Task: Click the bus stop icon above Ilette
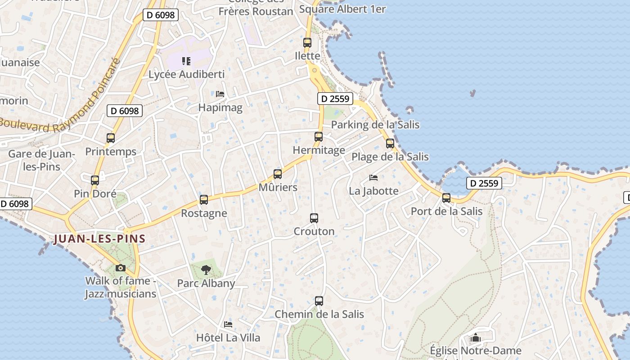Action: pyautogui.click(x=307, y=43)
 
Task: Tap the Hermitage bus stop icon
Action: pyautogui.click(x=319, y=136)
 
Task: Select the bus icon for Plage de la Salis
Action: pyautogui.click(x=390, y=144)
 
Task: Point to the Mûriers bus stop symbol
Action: pyautogui.click(x=278, y=174)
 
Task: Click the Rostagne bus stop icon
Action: pyautogui.click(x=204, y=200)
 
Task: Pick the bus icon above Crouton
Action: pyautogui.click(x=314, y=218)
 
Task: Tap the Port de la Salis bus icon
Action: pyautogui.click(x=446, y=198)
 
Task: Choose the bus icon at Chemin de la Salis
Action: pyautogui.click(x=319, y=301)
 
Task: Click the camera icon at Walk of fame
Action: pyautogui.click(x=120, y=268)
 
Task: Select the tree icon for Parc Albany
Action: pyautogui.click(x=206, y=270)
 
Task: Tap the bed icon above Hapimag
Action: pyautogui.click(x=220, y=94)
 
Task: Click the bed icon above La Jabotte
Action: pyautogui.click(x=373, y=178)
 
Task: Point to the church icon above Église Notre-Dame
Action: pyautogui.click(x=476, y=337)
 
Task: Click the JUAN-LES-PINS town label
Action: pyautogui.click(x=99, y=239)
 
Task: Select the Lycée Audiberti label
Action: pyautogui.click(x=186, y=74)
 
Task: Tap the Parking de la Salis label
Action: pyautogui.click(x=375, y=125)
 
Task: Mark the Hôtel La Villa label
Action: pyautogui.click(x=228, y=337)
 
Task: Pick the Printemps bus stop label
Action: pyautogui.click(x=111, y=152)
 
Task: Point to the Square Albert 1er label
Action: pyautogui.click(x=342, y=9)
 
